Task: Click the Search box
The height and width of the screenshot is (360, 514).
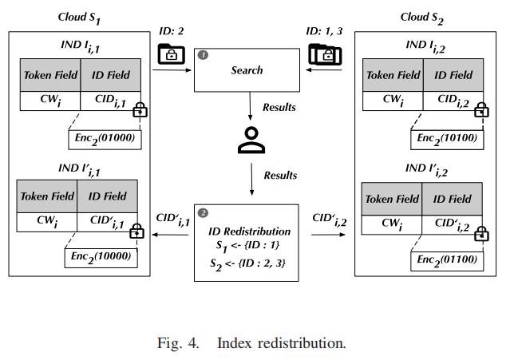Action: tap(247, 70)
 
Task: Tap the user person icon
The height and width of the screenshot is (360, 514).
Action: tap(251, 140)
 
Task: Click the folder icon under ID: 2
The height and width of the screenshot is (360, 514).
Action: tap(170, 53)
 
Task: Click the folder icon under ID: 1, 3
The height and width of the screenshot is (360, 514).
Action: tap(325, 53)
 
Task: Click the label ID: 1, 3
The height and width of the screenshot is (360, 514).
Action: tap(326, 30)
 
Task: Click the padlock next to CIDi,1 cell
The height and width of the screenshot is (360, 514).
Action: tap(141, 109)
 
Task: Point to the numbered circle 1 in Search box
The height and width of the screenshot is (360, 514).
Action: tap(204, 55)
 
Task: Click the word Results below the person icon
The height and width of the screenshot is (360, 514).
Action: tap(279, 175)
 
